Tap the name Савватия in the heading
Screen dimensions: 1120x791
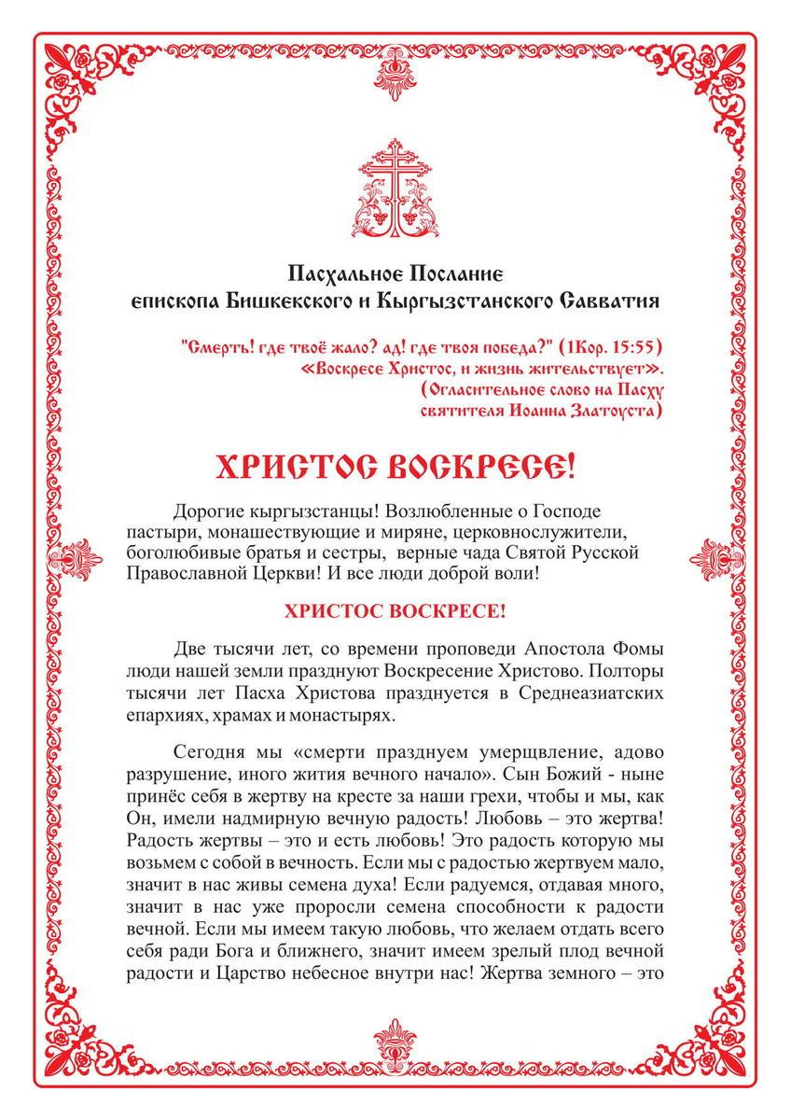tap(611, 301)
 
